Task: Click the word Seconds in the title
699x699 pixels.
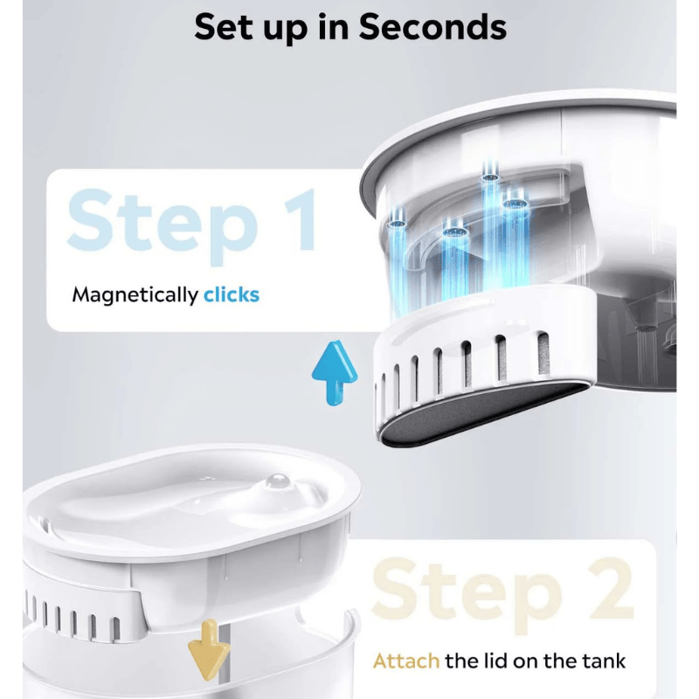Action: click(433, 27)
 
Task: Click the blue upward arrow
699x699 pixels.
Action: click(335, 373)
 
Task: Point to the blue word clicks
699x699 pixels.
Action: click(232, 294)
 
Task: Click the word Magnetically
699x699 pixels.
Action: click(135, 295)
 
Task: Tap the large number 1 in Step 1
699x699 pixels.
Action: click(301, 220)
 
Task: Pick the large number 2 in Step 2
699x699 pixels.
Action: click(610, 588)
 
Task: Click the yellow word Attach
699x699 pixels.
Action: click(406, 661)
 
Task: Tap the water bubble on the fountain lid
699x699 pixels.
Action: click(277, 481)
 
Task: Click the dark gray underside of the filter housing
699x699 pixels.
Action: click(481, 412)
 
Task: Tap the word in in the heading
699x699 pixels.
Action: click(334, 27)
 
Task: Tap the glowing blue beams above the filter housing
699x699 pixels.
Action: click(460, 241)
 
